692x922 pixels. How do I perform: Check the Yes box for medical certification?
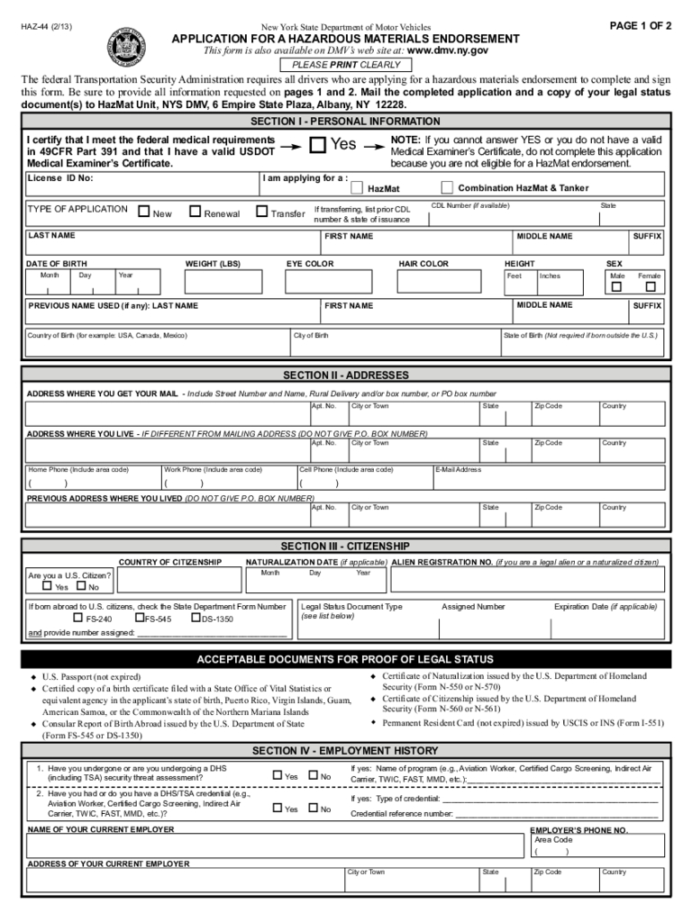click(x=317, y=145)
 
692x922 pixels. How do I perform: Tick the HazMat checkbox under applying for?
click(x=357, y=188)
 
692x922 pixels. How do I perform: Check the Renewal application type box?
click(x=195, y=212)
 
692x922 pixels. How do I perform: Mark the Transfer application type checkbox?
click(x=262, y=212)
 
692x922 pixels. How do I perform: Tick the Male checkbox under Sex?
click(x=616, y=287)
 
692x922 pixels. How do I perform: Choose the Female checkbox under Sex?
click(x=650, y=287)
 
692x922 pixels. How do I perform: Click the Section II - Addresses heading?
click(x=346, y=375)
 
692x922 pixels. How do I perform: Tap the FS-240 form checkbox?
click(x=77, y=619)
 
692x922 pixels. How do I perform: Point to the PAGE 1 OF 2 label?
click(x=641, y=25)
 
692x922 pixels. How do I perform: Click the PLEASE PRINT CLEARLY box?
click(x=345, y=65)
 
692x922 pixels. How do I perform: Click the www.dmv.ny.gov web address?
click(x=449, y=51)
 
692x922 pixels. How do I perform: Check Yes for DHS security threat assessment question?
click(x=278, y=775)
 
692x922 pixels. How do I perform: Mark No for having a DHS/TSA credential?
click(x=313, y=808)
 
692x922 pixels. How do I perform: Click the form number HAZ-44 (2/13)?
click(x=47, y=26)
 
